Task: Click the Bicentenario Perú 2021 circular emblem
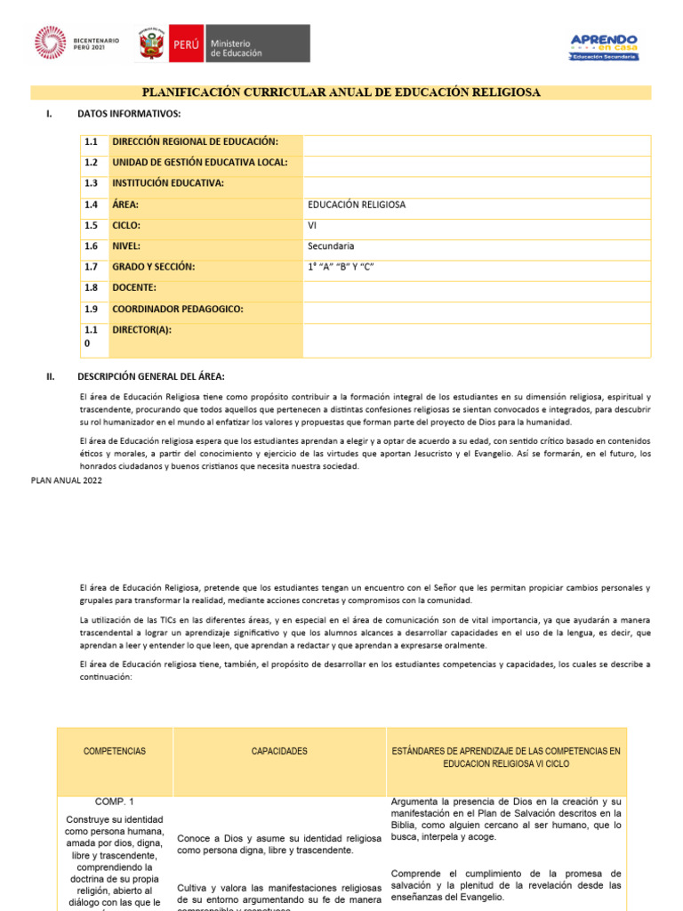tap(51, 43)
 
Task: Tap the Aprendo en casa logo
tap(604, 45)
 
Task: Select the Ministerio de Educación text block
tap(236, 48)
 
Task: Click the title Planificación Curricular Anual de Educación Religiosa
tap(341, 93)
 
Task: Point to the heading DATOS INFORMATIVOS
tap(129, 114)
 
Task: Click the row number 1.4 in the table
tap(91, 205)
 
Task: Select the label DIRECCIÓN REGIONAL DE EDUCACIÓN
tap(195, 142)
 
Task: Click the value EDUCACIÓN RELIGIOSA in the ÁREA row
tap(356, 205)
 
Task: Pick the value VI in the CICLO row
tap(312, 225)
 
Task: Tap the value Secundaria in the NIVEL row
tap(330, 246)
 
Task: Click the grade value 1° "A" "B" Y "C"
tap(339, 267)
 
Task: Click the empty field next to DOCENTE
tap(477, 288)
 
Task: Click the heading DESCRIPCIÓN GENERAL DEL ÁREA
tap(151, 376)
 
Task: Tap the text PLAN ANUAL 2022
tap(66, 480)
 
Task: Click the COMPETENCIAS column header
tap(115, 751)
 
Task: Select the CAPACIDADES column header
tap(279, 751)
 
